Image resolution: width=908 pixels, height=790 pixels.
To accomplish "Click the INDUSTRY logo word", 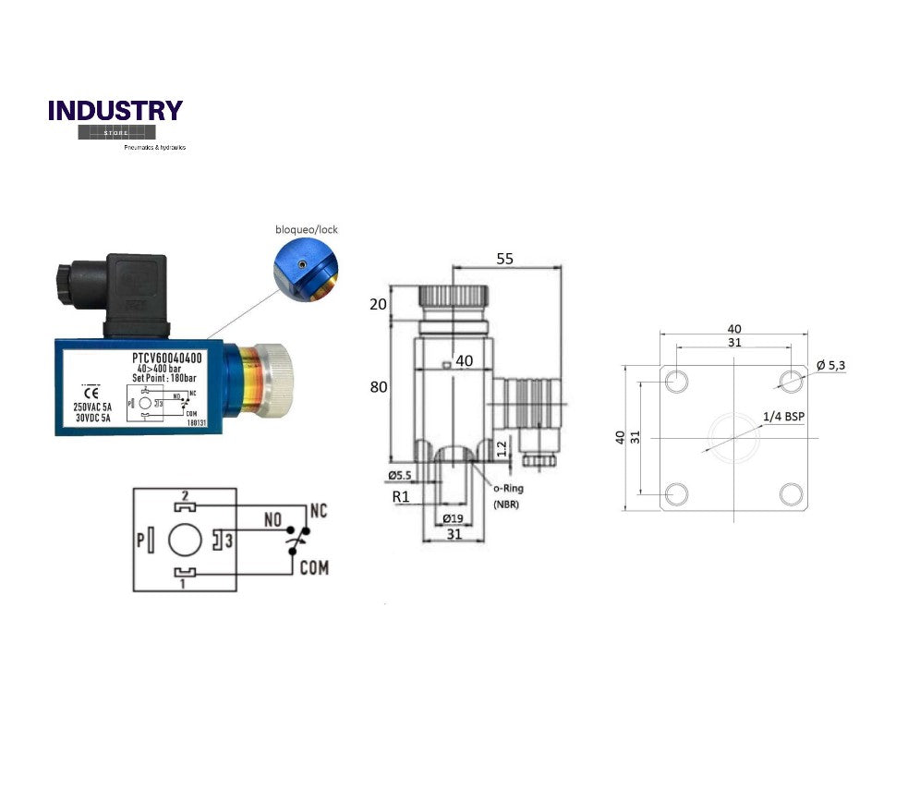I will [x=115, y=111].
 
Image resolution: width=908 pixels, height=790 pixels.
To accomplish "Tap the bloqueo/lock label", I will [x=307, y=228].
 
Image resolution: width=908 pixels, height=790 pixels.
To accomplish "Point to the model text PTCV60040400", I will [x=167, y=358].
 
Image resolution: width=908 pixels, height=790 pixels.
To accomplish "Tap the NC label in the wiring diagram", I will [x=319, y=510].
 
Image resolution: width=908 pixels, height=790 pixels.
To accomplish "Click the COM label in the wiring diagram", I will [x=314, y=567].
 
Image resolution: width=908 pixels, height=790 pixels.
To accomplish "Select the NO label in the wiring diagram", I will [x=272, y=521].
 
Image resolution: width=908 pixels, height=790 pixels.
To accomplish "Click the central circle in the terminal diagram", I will [x=186, y=540].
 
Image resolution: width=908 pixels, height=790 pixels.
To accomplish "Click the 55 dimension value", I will [x=504, y=260].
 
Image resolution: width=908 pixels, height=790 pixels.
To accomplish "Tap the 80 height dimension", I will [x=378, y=387].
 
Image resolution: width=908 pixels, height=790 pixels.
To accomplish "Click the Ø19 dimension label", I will [x=454, y=518].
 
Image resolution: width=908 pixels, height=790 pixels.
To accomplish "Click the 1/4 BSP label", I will [x=783, y=417].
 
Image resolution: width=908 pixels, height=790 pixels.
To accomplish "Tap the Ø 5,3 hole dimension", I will [x=830, y=365].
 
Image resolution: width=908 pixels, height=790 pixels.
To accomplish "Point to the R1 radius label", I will [x=401, y=496].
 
